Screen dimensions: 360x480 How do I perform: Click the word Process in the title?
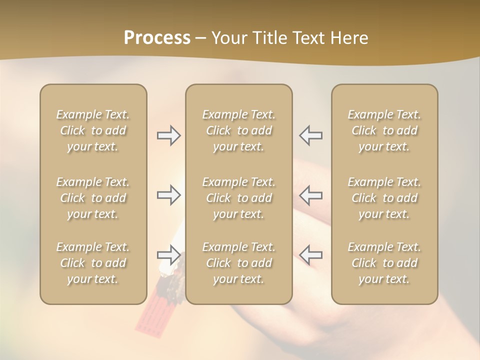coord(157,38)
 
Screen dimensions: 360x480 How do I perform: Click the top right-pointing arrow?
coord(169,135)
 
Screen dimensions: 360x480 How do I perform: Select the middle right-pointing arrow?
coord(169,195)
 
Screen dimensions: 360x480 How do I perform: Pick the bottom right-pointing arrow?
coord(169,255)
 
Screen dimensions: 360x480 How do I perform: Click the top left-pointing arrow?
coord(310,135)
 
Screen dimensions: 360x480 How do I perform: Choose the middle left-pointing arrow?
coord(310,195)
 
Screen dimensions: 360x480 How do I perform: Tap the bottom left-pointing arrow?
coord(310,255)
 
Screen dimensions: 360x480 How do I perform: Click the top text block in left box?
coord(93,130)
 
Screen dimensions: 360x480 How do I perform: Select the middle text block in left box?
coord(93,198)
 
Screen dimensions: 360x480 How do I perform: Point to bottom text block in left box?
coord(93,263)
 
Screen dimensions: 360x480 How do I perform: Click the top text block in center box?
coord(239,130)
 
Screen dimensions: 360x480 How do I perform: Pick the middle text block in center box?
coord(239,198)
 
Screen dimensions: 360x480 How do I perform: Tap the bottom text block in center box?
coord(239,263)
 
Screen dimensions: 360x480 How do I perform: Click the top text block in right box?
coord(384,130)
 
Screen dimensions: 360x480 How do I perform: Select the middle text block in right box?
coord(384,198)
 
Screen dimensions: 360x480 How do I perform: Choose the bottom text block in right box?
coord(384,263)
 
